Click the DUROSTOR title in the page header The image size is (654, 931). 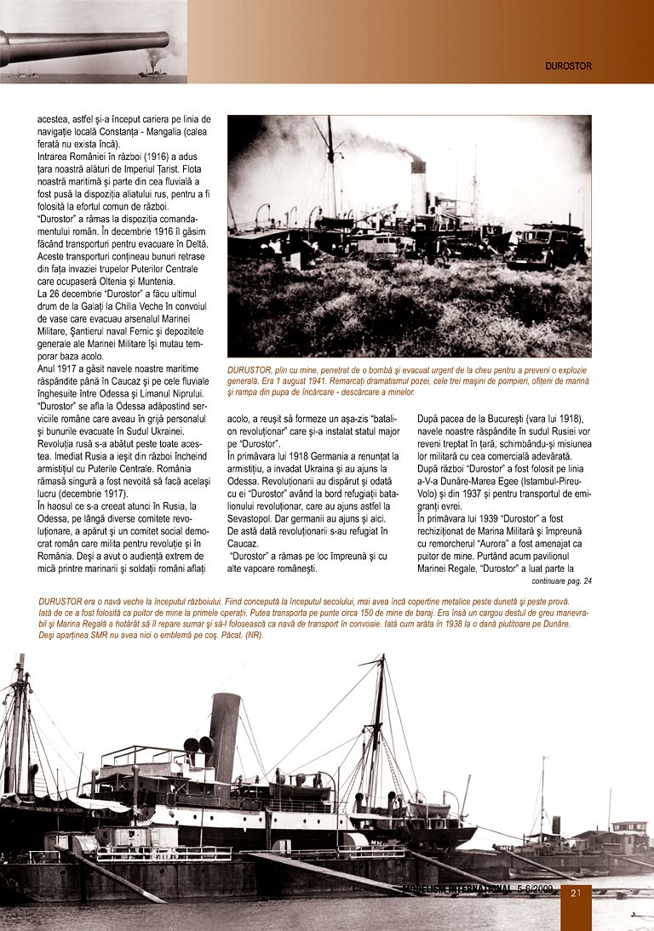[x=568, y=66]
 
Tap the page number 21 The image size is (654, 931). [x=576, y=893]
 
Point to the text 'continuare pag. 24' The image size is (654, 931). [x=561, y=581]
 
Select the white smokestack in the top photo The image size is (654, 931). [x=418, y=186]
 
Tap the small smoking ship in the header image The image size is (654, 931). [x=152, y=68]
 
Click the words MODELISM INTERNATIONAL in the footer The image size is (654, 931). [x=456, y=890]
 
